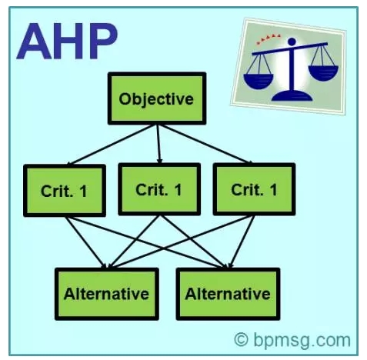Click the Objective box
point(157,98)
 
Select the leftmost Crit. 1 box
point(65,191)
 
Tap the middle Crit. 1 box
point(159,189)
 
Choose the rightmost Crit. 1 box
point(254,189)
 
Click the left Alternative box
point(107,294)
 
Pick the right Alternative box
point(228,294)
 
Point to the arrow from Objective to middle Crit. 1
point(158,144)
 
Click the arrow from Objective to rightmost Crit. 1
point(206,144)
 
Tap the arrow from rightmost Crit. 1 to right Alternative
point(242,242)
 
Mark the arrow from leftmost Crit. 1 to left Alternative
point(86,242)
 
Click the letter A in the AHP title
point(35,41)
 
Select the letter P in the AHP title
point(102,41)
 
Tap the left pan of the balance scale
point(259,81)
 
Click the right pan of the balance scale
point(323,72)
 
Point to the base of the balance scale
point(292,95)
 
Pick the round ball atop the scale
point(292,42)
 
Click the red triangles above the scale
point(269,39)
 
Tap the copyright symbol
point(242,339)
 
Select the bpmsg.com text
point(302,341)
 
